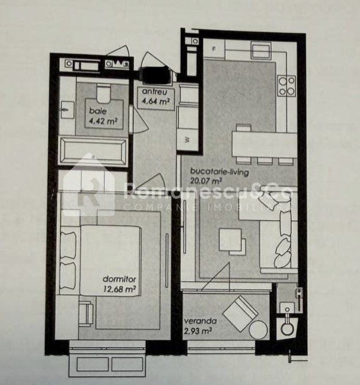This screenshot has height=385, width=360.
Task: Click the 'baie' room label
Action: point(98,111)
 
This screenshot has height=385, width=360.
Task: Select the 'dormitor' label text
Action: point(119,279)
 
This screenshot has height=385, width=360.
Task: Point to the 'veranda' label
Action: point(200,321)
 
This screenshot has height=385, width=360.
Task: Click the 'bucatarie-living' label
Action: point(220,172)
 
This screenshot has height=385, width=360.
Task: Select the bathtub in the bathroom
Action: point(93,151)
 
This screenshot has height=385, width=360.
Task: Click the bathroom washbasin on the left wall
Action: point(67,110)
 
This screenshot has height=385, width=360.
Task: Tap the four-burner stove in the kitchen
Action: point(287,86)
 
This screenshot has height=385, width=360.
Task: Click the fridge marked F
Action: point(214,49)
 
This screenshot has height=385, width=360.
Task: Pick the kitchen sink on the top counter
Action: point(261,50)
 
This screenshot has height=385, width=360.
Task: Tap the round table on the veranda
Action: point(258,330)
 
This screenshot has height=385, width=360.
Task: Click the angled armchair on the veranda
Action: point(240,313)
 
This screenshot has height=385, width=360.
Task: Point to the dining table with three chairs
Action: point(265,144)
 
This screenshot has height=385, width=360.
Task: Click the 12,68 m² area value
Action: point(119,289)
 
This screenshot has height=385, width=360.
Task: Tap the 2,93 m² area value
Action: point(198,332)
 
